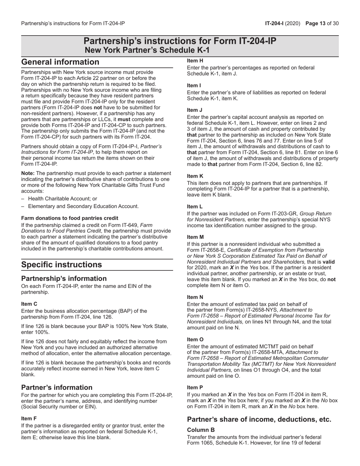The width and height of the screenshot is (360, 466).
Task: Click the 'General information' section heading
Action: coord(60,62)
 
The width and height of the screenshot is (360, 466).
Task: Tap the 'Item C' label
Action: coord(29,304)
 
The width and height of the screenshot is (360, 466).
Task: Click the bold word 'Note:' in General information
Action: coord(28,173)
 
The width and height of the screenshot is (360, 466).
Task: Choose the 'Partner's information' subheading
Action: coord(57,387)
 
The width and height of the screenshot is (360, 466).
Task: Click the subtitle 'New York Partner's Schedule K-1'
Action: coord(147,50)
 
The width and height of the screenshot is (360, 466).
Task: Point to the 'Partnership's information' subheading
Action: coord(64,278)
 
